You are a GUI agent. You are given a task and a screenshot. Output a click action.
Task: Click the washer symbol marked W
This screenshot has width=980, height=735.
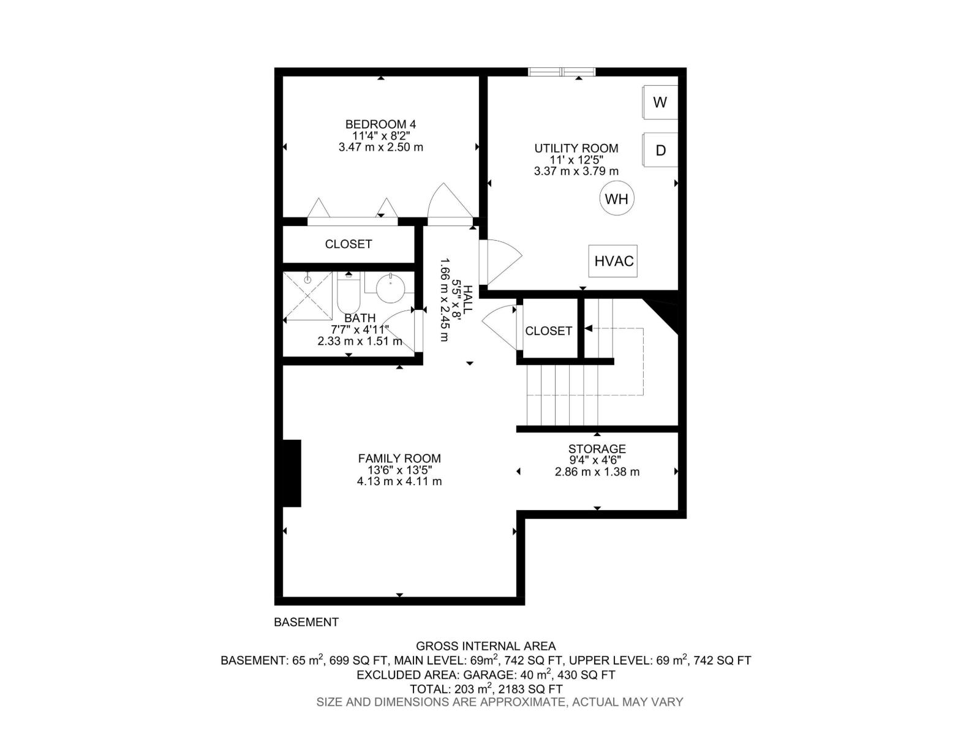point(660,102)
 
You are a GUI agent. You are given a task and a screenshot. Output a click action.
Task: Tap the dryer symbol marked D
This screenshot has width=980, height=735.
point(660,150)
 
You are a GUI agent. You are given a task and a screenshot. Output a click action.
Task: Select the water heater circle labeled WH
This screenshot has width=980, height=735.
point(617,198)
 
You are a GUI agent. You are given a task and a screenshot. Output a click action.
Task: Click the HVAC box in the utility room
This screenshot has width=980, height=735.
point(613,262)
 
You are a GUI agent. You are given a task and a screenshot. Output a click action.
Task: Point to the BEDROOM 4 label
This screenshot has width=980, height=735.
point(380,124)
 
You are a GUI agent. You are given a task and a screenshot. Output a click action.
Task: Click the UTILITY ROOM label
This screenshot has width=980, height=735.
point(576,148)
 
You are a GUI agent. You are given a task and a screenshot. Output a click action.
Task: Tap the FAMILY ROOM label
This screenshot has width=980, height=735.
point(399,458)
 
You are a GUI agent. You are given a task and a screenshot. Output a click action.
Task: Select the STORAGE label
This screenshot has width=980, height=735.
point(597,449)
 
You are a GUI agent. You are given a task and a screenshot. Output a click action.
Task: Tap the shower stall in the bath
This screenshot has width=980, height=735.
point(307,296)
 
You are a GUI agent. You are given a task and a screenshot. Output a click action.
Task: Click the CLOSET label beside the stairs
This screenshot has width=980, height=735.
point(548,331)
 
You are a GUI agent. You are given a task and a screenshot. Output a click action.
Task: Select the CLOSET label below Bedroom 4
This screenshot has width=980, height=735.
point(349,244)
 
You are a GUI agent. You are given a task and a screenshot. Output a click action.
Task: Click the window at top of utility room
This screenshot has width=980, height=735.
point(562,72)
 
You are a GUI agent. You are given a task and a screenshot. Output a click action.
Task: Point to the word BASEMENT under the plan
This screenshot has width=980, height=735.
point(306,622)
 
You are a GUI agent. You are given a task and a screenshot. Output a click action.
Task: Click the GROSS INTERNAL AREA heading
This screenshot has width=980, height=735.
point(486,646)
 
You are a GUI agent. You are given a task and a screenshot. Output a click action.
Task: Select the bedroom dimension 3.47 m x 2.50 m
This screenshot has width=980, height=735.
point(380,148)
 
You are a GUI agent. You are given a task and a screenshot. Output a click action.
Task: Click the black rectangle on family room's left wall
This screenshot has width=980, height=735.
point(292,473)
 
